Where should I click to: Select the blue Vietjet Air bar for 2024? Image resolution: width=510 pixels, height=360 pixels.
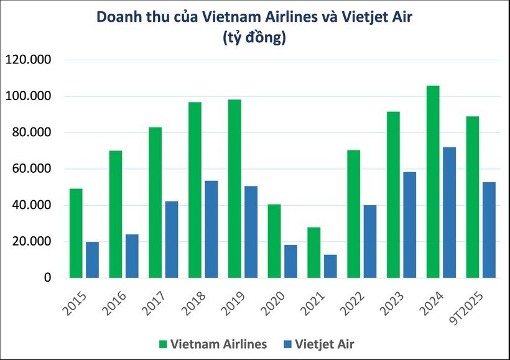(x=450, y=213)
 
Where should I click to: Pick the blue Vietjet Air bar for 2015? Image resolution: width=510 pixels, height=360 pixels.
(x=92, y=260)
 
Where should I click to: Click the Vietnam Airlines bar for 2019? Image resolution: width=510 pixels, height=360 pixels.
(x=234, y=188)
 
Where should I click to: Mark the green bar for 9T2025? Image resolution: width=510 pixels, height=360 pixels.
(x=473, y=197)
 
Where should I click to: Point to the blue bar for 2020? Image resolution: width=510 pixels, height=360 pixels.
(x=291, y=261)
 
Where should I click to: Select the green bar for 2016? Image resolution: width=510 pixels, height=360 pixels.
(x=115, y=214)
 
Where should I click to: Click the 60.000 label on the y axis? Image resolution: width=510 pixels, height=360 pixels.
(x=30, y=169)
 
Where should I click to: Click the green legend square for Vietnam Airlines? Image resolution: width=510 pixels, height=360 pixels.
(x=164, y=344)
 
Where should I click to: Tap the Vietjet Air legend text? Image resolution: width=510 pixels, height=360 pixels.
(x=327, y=344)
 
